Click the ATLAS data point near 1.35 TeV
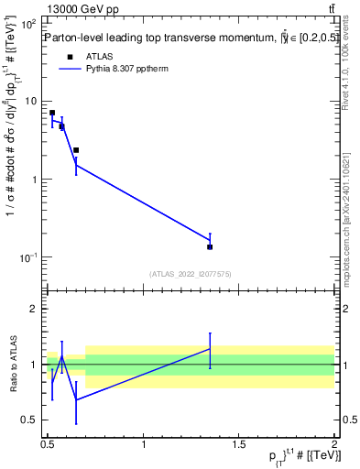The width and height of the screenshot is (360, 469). (x=210, y=246)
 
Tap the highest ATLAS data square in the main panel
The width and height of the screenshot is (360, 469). (x=52, y=113)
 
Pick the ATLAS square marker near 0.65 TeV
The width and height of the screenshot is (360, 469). (x=76, y=150)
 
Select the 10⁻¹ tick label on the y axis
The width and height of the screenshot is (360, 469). (x=27, y=257)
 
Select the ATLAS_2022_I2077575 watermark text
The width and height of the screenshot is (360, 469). (x=191, y=274)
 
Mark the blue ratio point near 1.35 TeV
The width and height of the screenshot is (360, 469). (x=210, y=348)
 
